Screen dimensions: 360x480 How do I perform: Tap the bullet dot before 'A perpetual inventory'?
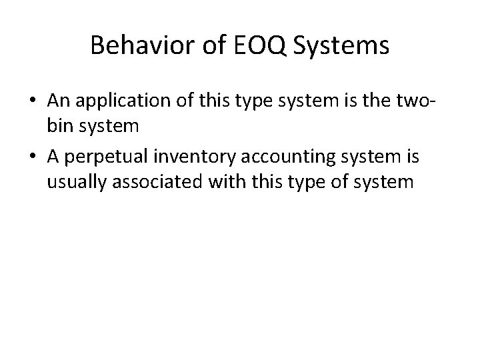click(x=33, y=157)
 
